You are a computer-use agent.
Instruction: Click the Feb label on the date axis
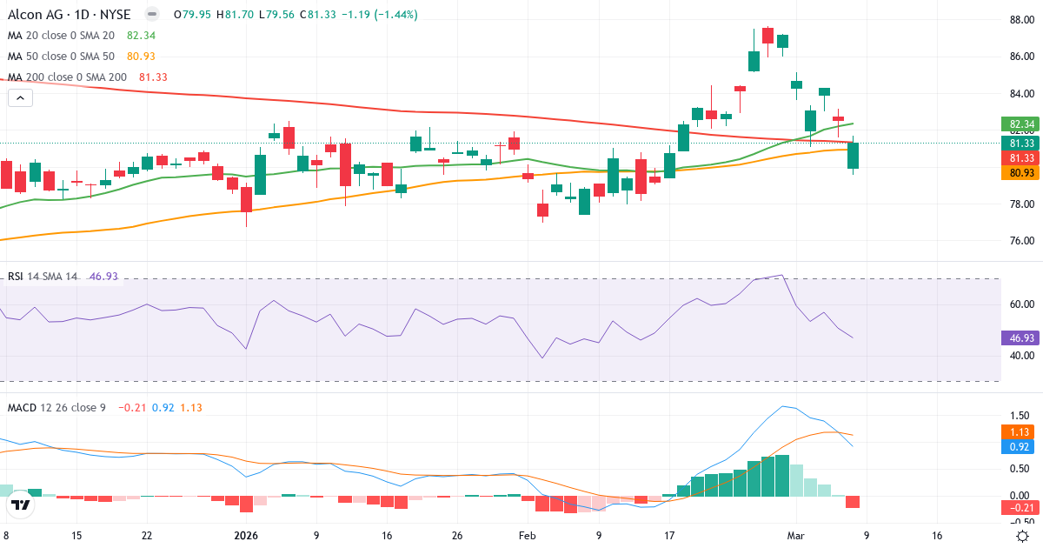pos(526,536)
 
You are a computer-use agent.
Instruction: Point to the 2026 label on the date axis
pos(246,536)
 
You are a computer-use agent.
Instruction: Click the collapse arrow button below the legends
pos(20,98)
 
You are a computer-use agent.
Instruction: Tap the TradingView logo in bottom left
pos(21,505)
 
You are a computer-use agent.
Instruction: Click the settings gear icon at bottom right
pos(1023,536)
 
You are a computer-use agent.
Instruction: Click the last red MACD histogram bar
pos(853,502)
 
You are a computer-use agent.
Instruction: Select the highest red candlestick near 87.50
pos(767,35)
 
